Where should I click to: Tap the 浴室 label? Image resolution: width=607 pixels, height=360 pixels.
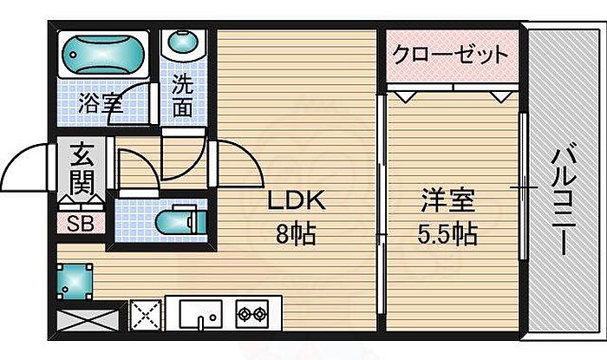pos(100,104)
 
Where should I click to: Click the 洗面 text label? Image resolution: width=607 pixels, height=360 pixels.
pos(182,96)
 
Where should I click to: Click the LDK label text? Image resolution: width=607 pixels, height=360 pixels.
pos(295,203)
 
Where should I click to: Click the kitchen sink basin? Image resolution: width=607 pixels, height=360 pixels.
pos(201,314)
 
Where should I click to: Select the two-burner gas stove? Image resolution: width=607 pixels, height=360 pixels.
pos(251,313)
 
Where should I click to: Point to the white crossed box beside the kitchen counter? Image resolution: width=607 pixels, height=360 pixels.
pos(146,314)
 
